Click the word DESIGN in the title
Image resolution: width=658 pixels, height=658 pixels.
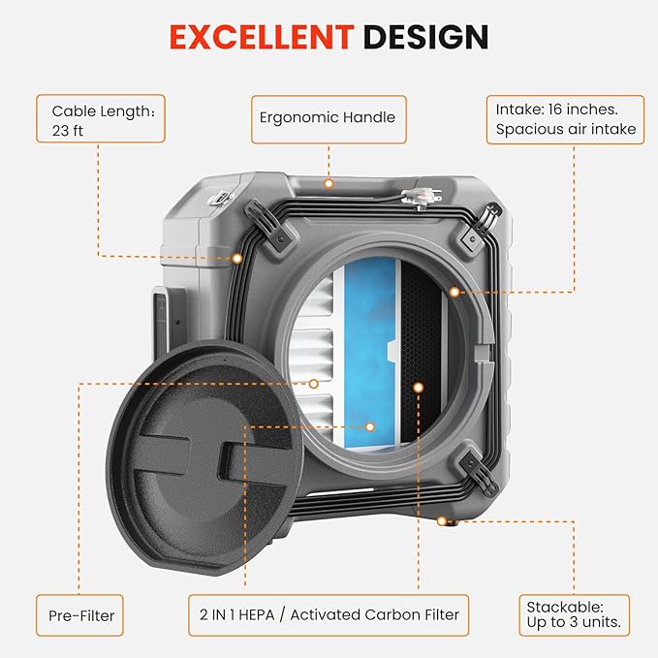coord(425,37)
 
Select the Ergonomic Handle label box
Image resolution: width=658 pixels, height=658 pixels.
coord(328,118)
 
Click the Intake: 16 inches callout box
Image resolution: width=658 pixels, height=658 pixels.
coord(566,119)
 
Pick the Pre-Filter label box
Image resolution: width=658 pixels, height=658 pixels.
coord(81,615)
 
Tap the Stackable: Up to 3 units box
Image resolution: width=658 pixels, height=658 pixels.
coord(573,615)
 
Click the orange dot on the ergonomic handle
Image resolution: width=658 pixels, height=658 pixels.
coord(329,183)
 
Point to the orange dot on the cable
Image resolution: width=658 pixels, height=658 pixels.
coord(237,258)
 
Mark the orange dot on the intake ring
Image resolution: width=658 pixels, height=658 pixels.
coord(454,291)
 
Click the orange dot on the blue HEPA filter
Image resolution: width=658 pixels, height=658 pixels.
coord(369,425)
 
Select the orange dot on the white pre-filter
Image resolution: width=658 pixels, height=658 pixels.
coord(314,384)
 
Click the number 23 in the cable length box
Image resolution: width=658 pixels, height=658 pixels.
coord(62,132)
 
